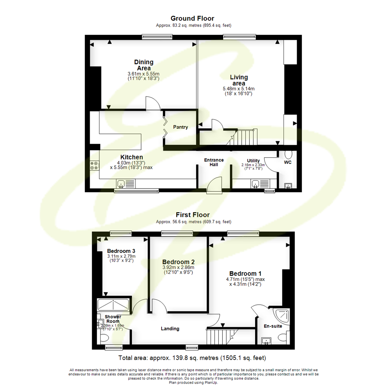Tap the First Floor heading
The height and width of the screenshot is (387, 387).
(x=192, y=215)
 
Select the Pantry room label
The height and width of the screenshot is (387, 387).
(x=181, y=127)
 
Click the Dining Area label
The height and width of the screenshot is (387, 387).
(x=144, y=65)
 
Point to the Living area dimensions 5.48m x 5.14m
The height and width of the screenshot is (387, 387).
(x=239, y=89)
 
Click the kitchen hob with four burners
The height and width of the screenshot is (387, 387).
(x=95, y=165)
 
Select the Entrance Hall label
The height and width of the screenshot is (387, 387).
(x=214, y=162)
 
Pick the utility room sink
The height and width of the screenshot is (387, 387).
(x=256, y=184)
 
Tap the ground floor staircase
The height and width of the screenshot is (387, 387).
(x=246, y=137)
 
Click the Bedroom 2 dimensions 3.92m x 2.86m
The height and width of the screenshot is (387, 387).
(x=178, y=267)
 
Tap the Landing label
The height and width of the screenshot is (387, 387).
(x=170, y=329)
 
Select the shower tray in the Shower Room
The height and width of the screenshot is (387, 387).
(x=113, y=305)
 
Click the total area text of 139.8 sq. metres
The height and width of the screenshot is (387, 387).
(x=192, y=358)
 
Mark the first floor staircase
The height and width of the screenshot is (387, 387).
(x=219, y=336)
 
